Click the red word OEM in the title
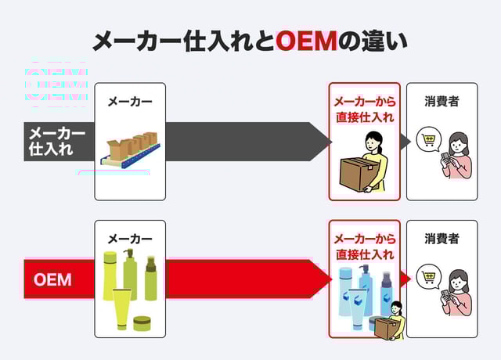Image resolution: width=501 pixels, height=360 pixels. (x=306, y=41)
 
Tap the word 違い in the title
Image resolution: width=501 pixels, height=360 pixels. (x=383, y=41)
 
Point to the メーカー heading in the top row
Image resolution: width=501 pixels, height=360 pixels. (x=130, y=102)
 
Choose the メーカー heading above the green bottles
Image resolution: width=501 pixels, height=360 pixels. (x=130, y=239)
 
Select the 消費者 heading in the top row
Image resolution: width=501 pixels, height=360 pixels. (x=442, y=102)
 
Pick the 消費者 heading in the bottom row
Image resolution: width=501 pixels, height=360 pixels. (x=442, y=239)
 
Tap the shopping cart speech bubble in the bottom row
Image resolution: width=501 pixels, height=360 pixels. (x=429, y=277)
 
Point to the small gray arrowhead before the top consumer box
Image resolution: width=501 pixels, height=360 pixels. (x=405, y=142)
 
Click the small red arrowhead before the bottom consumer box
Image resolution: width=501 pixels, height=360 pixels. (x=405, y=279)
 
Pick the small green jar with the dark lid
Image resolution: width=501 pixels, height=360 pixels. (x=142, y=322)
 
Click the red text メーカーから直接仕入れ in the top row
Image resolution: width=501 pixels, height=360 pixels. (x=364, y=110)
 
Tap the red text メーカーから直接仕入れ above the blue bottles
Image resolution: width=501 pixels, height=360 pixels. (x=364, y=247)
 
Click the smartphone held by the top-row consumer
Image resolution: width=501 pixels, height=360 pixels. (x=446, y=157)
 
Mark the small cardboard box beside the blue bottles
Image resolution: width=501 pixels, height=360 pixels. (x=384, y=327)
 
